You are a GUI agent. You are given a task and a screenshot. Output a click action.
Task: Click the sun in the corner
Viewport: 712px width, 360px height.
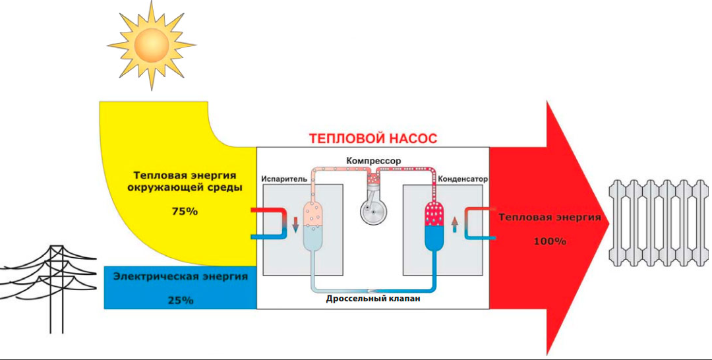pos(151,44)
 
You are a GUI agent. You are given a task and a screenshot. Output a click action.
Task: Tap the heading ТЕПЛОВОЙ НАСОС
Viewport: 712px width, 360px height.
pos(373,139)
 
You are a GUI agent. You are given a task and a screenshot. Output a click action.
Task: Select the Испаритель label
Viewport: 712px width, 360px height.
pos(284,179)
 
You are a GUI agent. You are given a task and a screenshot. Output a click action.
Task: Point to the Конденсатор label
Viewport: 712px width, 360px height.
pos(461,179)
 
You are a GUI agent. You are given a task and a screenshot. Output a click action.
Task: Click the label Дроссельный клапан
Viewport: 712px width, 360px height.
pos(373,299)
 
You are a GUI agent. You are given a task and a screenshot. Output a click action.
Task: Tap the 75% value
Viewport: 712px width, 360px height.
pos(184,212)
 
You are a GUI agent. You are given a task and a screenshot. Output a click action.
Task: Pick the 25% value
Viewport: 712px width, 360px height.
pos(180,300)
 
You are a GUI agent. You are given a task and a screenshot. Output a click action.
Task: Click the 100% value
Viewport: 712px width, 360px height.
pos(550,241)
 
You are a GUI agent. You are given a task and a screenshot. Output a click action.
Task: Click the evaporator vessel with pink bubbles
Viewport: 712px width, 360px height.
pos(314,224)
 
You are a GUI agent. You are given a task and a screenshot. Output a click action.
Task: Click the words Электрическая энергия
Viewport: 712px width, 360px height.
pos(181,276)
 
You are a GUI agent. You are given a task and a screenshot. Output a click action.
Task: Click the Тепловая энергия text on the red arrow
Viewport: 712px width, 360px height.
pos(550,217)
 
